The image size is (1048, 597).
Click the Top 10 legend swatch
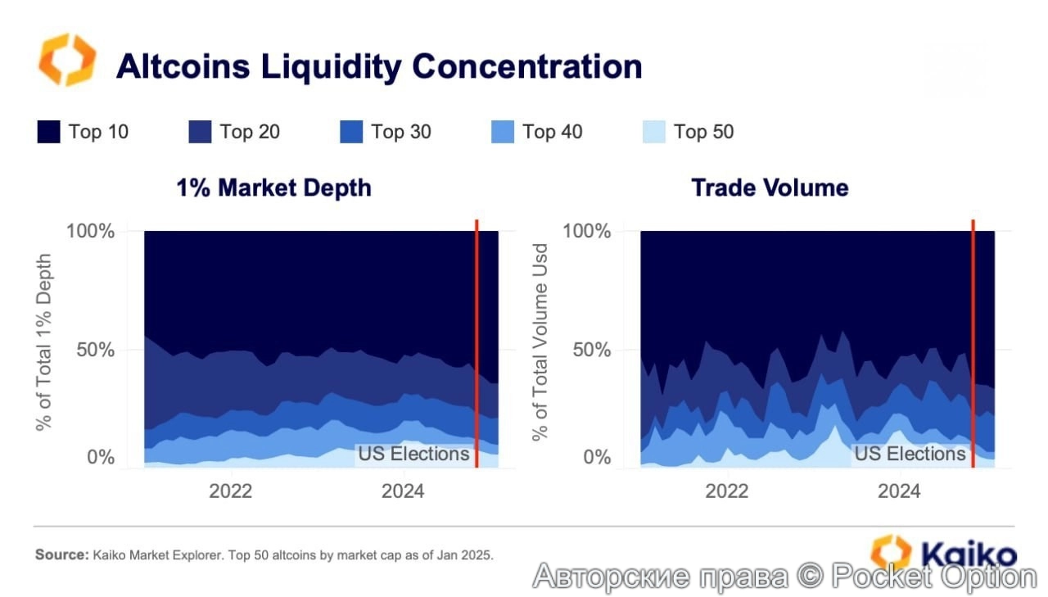click(x=48, y=132)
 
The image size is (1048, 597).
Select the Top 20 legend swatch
click(x=200, y=132)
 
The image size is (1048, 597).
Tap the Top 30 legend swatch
click(x=351, y=132)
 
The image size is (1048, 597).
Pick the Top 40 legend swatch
click(x=503, y=132)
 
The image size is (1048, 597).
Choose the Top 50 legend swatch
click(x=654, y=132)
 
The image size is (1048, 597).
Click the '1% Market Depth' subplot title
click(x=273, y=188)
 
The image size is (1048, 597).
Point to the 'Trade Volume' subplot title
click(x=770, y=188)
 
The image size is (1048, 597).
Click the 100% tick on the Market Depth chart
click(x=89, y=231)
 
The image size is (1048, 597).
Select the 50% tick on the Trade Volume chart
click(x=586, y=350)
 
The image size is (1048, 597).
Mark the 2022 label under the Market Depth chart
click(x=231, y=491)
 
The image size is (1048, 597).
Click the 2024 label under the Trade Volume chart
click(x=899, y=491)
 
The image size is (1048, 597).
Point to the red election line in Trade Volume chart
click(x=973, y=344)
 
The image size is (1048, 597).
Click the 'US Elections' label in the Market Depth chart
click(x=413, y=454)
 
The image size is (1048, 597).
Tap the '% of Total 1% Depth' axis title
click(x=43, y=342)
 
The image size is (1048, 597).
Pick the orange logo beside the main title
click(x=67, y=60)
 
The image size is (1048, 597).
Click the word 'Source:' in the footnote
click(x=61, y=554)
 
